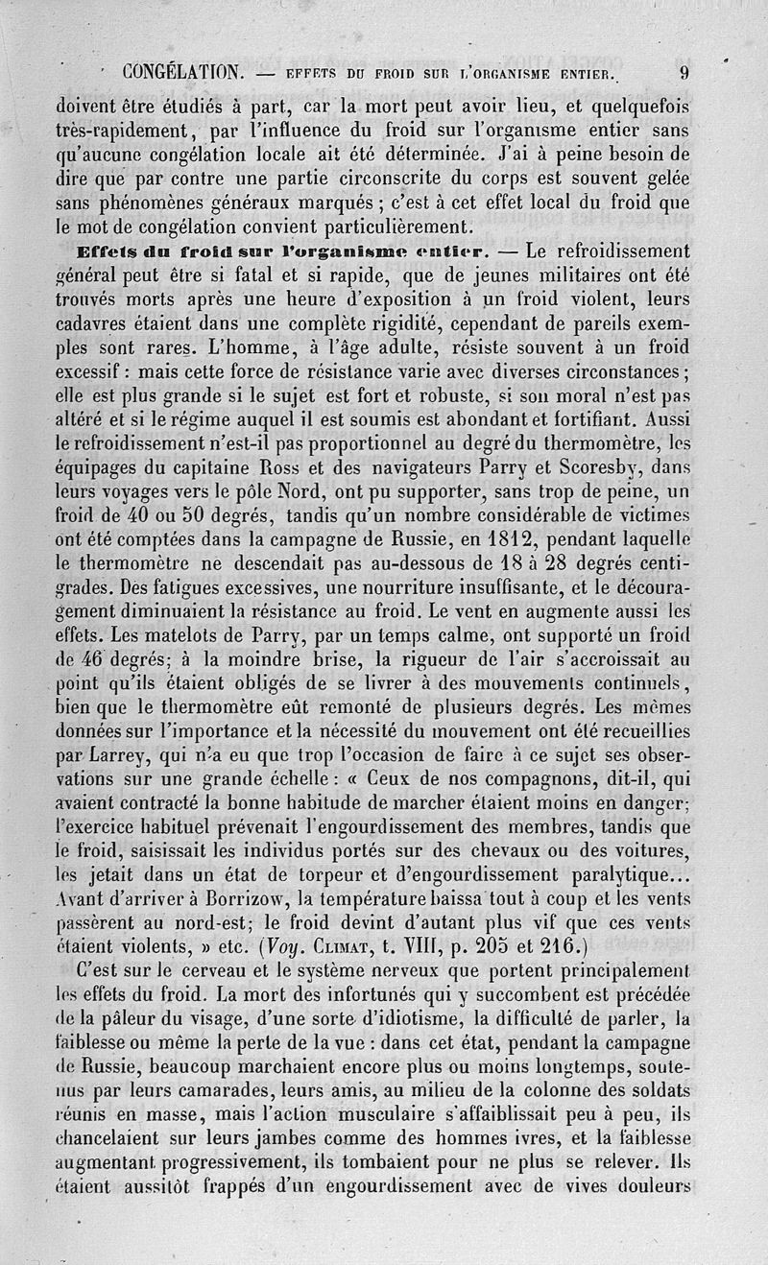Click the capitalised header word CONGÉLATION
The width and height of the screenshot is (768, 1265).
183,72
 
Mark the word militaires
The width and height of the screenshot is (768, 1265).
530,274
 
